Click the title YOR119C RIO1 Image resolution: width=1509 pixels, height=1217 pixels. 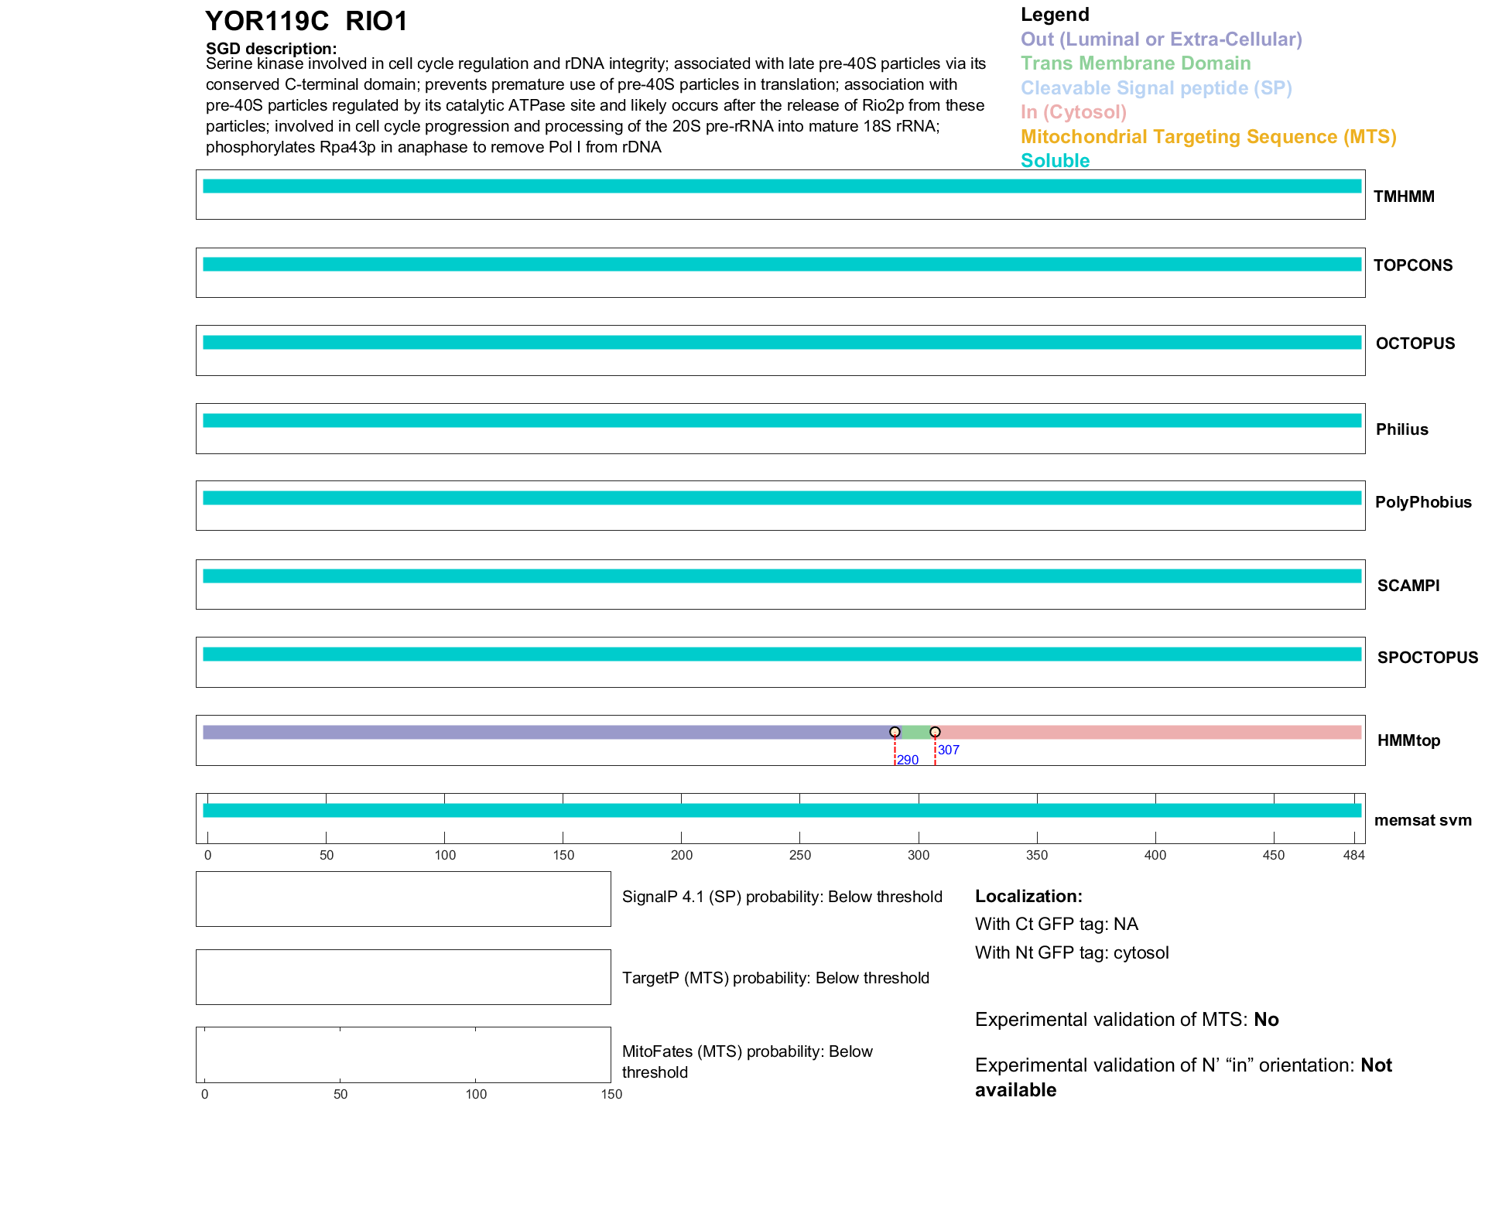[306, 21]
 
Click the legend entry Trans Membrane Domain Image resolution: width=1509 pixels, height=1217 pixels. [1135, 63]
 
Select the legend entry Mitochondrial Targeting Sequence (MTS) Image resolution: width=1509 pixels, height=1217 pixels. [1208, 137]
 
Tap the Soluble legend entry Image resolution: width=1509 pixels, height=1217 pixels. [1055, 161]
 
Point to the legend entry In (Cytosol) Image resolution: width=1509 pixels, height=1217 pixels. [1073, 112]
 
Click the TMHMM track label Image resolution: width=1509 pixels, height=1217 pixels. [1404, 197]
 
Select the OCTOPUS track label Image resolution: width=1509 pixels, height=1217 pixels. [1415, 344]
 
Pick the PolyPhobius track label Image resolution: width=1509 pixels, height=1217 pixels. [1422, 502]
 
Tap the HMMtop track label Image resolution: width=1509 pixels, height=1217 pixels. [1408, 740]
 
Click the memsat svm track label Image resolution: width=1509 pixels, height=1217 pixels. [1422, 820]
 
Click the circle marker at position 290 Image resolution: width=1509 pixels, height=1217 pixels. [895, 732]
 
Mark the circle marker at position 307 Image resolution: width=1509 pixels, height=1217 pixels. [935, 732]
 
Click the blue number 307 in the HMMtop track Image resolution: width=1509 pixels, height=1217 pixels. [948, 750]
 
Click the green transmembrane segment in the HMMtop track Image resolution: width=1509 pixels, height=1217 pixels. [915, 732]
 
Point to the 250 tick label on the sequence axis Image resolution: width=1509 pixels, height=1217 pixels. [800, 855]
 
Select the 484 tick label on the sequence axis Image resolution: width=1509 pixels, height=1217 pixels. [1353, 855]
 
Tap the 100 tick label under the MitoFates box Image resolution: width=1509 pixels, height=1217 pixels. [476, 1094]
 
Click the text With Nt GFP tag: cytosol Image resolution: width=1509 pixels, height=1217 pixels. [1072, 952]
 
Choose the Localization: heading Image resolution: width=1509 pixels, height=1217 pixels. [1028, 896]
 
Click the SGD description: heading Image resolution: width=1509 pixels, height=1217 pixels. [271, 49]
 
